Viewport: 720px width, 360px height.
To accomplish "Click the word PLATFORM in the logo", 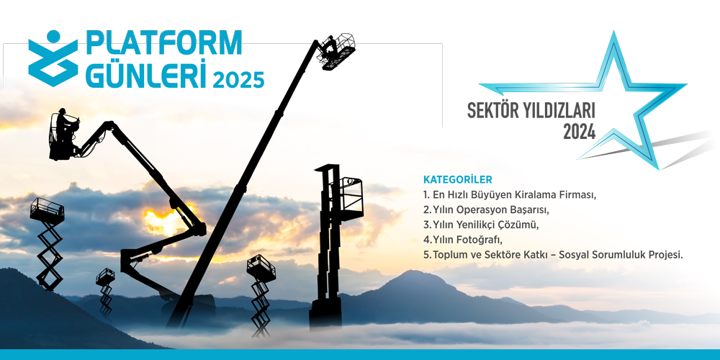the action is coord(163,42).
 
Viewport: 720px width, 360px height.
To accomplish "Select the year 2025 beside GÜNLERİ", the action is coord(238,79).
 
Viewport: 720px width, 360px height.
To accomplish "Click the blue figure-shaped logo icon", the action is coord(53,58).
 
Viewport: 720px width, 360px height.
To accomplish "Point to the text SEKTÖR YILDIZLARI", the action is coord(531,111).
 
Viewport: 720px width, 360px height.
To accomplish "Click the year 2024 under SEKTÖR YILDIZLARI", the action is coord(580,132).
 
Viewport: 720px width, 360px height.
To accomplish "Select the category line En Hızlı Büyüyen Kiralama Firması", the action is coord(509,194).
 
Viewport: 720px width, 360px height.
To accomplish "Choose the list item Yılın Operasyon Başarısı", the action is coord(486,210).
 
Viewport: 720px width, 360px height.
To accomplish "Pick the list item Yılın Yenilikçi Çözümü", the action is coord(480,225).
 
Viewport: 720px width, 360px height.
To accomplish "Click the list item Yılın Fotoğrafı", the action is coord(463,240).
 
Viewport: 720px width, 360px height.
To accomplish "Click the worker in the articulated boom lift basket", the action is coord(64,125).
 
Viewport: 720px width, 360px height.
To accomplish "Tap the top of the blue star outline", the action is coord(613,33).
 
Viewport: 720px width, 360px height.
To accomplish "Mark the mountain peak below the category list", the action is coord(415,272).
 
